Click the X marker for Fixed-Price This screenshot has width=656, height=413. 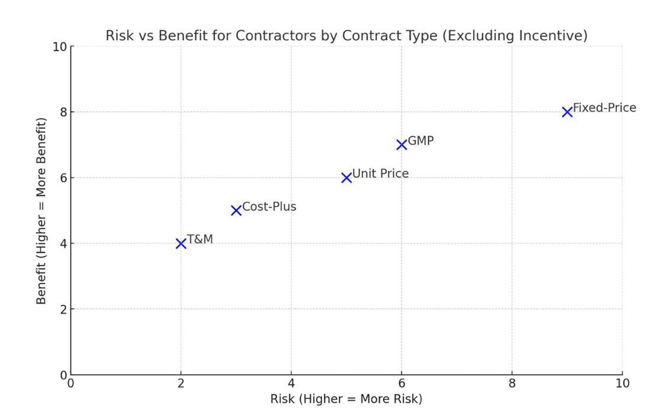pyautogui.click(x=567, y=112)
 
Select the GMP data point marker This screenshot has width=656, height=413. pyautogui.click(x=401, y=144)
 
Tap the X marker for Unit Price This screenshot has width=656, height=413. pyautogui.click(x=346, y=178)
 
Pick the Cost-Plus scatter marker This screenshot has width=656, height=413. pyautogui.click(x=236, y=210)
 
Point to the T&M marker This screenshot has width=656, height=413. pyautogui.click(x=181, y=243)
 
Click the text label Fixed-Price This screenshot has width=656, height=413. pyautogui.click(x=604, y=108)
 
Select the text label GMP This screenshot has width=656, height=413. pyautogui.click(x=421, y=141)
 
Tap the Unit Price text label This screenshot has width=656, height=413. pyautogui.click(x=380, y=174)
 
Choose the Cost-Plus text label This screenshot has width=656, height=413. pyautogui.click(x=269, y=207)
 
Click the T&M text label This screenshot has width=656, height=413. pyautogui.click(x=200, y=240)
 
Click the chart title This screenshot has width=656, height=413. pyautogui.click(x=346, y=36)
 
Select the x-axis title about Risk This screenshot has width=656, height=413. pyautogui.click(x=346, y=399)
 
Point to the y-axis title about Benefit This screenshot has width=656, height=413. pyautogui.click(x=41, y=211)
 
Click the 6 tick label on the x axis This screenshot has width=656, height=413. pyautogui.click(x=401, y=383)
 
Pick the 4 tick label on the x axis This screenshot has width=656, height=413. pyautogui.click(x=291, y=383)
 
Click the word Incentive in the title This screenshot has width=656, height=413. pyautogui.click(x=551, y=36)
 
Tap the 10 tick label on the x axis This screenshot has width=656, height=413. pyautogui.click(x=622, y=383)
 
